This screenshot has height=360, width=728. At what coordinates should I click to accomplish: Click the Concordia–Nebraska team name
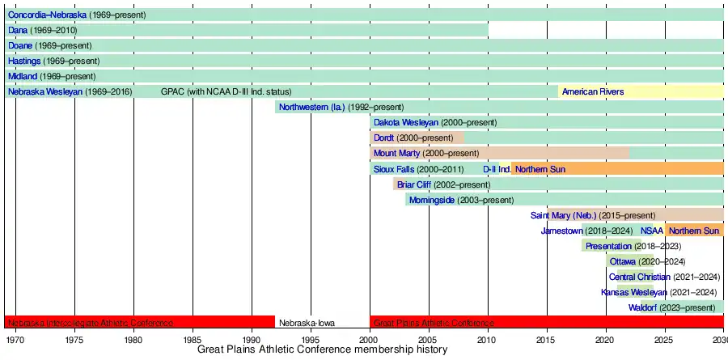(47, 15)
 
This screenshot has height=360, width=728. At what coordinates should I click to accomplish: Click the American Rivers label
(592, 91)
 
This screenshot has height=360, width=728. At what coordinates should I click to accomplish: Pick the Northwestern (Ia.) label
(311, 107)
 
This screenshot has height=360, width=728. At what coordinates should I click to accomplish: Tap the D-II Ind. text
(497, 169)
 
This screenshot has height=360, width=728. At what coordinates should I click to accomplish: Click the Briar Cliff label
(414, 184)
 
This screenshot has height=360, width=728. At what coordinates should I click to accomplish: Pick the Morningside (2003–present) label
(461, 200)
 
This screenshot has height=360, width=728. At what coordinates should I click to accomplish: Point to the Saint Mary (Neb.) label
(563, 215)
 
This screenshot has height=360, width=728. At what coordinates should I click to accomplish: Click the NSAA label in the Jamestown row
(651, 231)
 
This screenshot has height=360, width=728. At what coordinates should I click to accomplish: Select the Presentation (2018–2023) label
(633, 246)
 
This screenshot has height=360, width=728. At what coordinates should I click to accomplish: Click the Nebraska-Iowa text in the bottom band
(307, 323)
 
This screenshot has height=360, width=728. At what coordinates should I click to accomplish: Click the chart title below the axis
(322, 349)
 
